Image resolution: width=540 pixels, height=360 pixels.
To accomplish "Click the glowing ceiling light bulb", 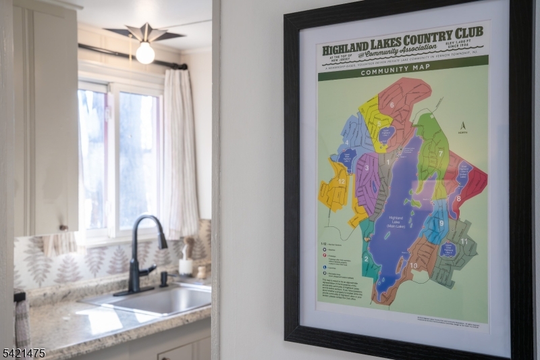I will [145, 53].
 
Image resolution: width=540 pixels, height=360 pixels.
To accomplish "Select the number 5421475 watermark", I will [24, 352].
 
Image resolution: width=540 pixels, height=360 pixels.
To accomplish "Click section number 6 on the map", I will [391, 105].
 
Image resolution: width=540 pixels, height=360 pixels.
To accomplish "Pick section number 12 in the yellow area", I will [342, 182].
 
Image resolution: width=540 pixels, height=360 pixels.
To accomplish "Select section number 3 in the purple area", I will [367, 168].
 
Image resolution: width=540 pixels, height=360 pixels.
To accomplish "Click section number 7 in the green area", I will [440, 153].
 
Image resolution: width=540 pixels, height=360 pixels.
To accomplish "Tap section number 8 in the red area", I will [458, 199].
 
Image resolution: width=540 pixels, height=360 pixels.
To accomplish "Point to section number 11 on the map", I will [464, 241].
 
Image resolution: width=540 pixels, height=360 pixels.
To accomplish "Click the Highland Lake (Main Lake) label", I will [398, 222].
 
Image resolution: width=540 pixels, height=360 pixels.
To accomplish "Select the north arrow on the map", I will [463, 126].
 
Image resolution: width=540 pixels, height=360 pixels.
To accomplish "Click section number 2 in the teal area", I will [367, 258].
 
